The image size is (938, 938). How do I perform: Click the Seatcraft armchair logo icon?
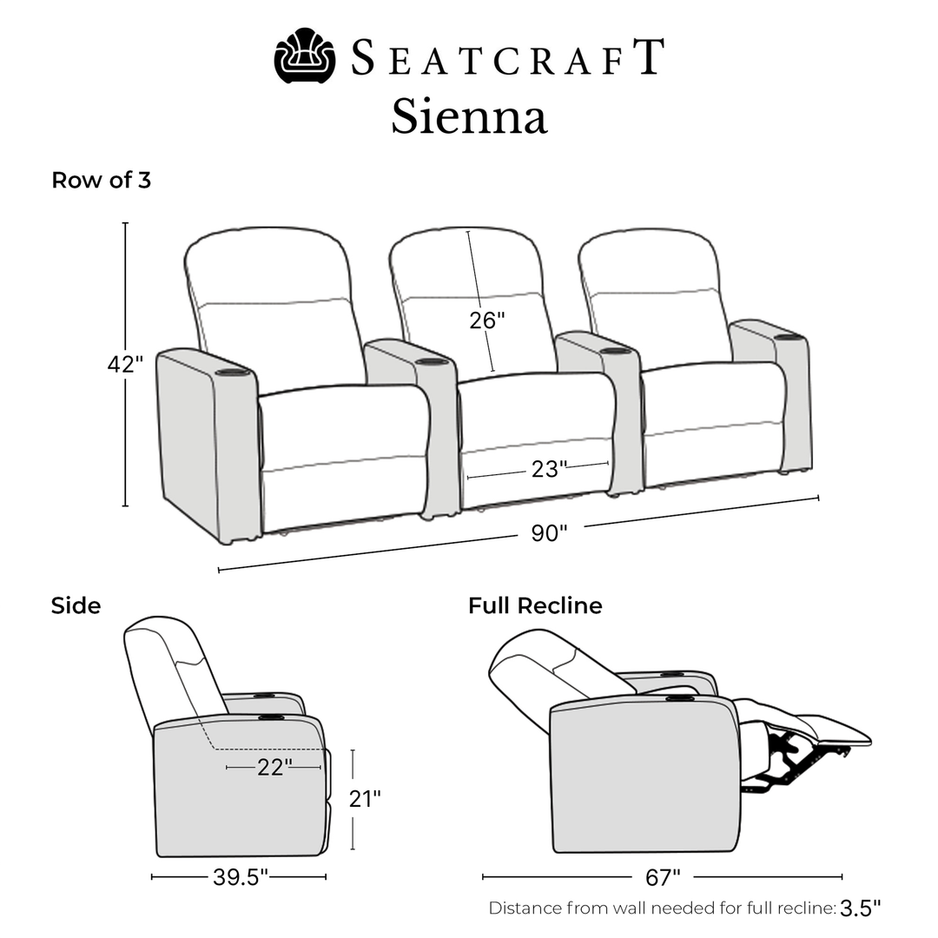(305, 56)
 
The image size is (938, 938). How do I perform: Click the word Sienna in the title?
(469, 117)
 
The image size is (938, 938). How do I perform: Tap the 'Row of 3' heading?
(101, 181)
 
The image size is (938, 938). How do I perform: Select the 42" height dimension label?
(125, 365)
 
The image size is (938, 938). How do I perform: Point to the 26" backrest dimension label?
(486, 320)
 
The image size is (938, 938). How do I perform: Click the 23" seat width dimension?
(549, 470)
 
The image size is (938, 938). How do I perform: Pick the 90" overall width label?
(549, 533)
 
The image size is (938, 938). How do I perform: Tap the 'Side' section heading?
(76, 605)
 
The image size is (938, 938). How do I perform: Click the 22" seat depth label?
(274, 768)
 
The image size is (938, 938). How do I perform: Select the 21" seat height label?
(364, 799)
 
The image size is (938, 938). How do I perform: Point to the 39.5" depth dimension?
(241, 877)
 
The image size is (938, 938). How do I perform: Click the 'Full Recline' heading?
(535, 605)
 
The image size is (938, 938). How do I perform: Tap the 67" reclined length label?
(663, 877)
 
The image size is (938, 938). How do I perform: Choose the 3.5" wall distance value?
(860, 908)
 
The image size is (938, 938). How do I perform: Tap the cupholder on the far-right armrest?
(786, 336)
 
